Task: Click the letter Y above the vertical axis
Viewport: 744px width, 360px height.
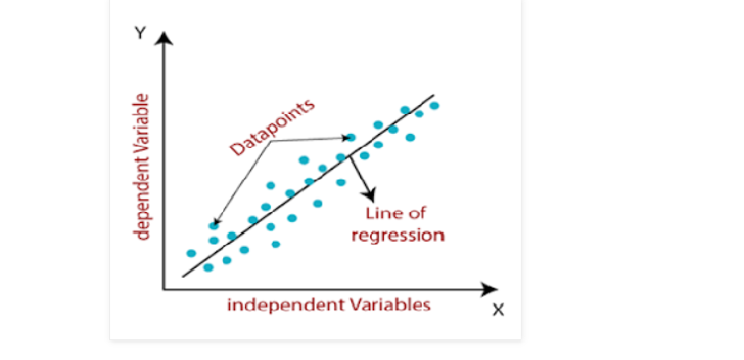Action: (140, 33)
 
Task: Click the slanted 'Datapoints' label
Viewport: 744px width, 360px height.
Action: (271, 127)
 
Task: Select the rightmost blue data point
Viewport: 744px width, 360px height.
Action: (434, 105)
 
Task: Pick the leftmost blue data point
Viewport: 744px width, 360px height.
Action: (191, 253)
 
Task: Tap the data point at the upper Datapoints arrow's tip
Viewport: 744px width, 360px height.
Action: (350, 138)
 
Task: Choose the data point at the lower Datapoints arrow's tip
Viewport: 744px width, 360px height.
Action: (213, 226)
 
